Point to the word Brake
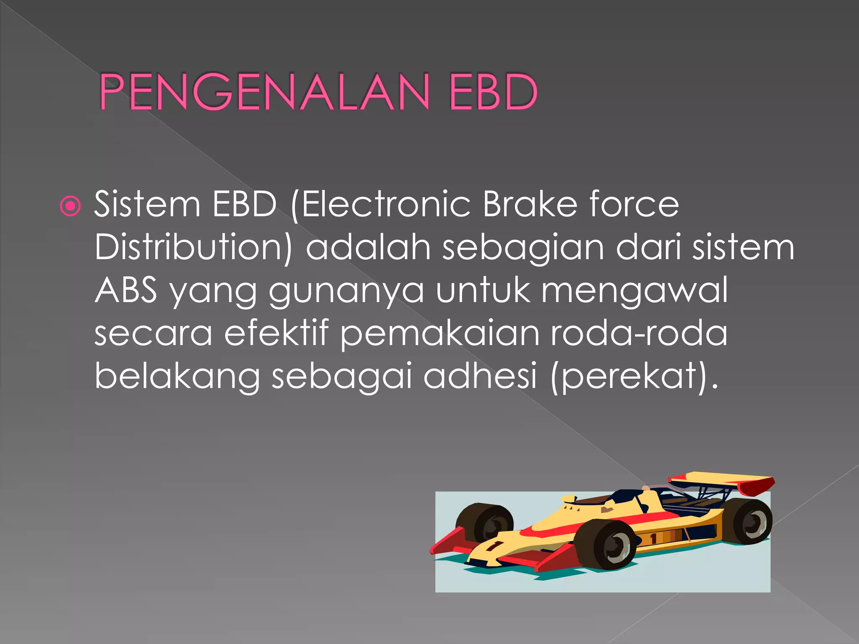click(x=530, y=205)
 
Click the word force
click(x=634, y=205)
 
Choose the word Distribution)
click(x=193, y=247)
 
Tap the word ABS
click(x=126, y=290)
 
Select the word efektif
click(x=276, y=333)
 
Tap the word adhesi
click(x=480, y=376)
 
